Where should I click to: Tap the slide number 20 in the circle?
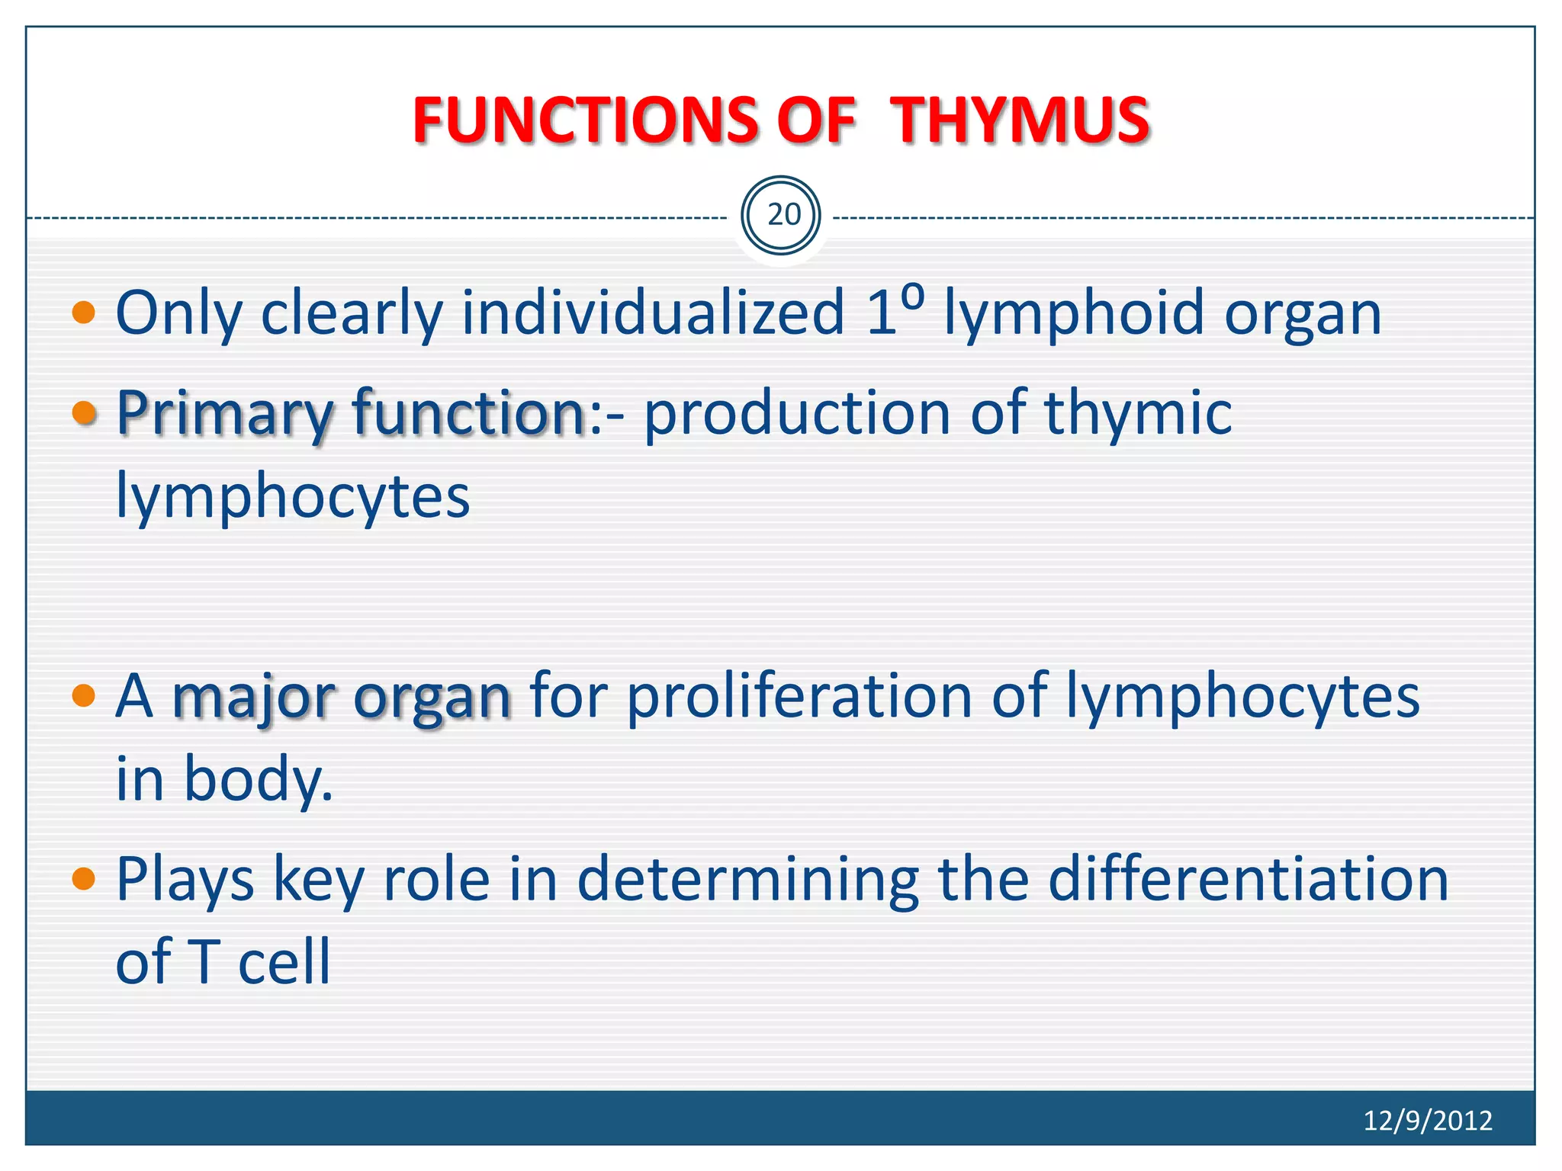tap(783, 215)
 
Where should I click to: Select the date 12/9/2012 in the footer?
tap(1427, 1120)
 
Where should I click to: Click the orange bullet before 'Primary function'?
tap(83, 412)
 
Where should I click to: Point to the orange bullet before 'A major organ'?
tap(83, 695)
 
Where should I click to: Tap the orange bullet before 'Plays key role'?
tap(83, 878)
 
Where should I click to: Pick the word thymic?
tap(1137, 412)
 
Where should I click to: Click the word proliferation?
tap(799, 695)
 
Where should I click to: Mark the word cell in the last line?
tap(284, 961)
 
